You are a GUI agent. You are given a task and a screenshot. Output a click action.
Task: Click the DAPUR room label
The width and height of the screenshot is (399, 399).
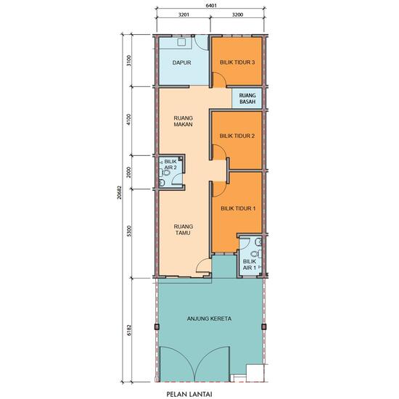point(181,63)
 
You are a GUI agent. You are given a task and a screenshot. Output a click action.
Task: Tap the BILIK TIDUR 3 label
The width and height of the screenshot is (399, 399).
point(236,63)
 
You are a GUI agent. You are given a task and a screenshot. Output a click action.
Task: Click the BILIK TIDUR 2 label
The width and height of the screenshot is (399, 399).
point(236,136)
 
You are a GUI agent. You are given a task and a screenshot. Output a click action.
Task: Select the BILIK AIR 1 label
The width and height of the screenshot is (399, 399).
point(248,265)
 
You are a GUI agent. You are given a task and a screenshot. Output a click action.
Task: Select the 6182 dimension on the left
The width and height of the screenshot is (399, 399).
point(128,329)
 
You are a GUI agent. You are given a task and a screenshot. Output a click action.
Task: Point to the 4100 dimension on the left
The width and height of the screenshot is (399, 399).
point(128,120)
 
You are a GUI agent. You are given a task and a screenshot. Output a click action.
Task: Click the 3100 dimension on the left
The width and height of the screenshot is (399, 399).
point(128,61)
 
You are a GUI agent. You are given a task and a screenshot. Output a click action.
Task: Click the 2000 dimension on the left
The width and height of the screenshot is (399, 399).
point(128,172)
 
